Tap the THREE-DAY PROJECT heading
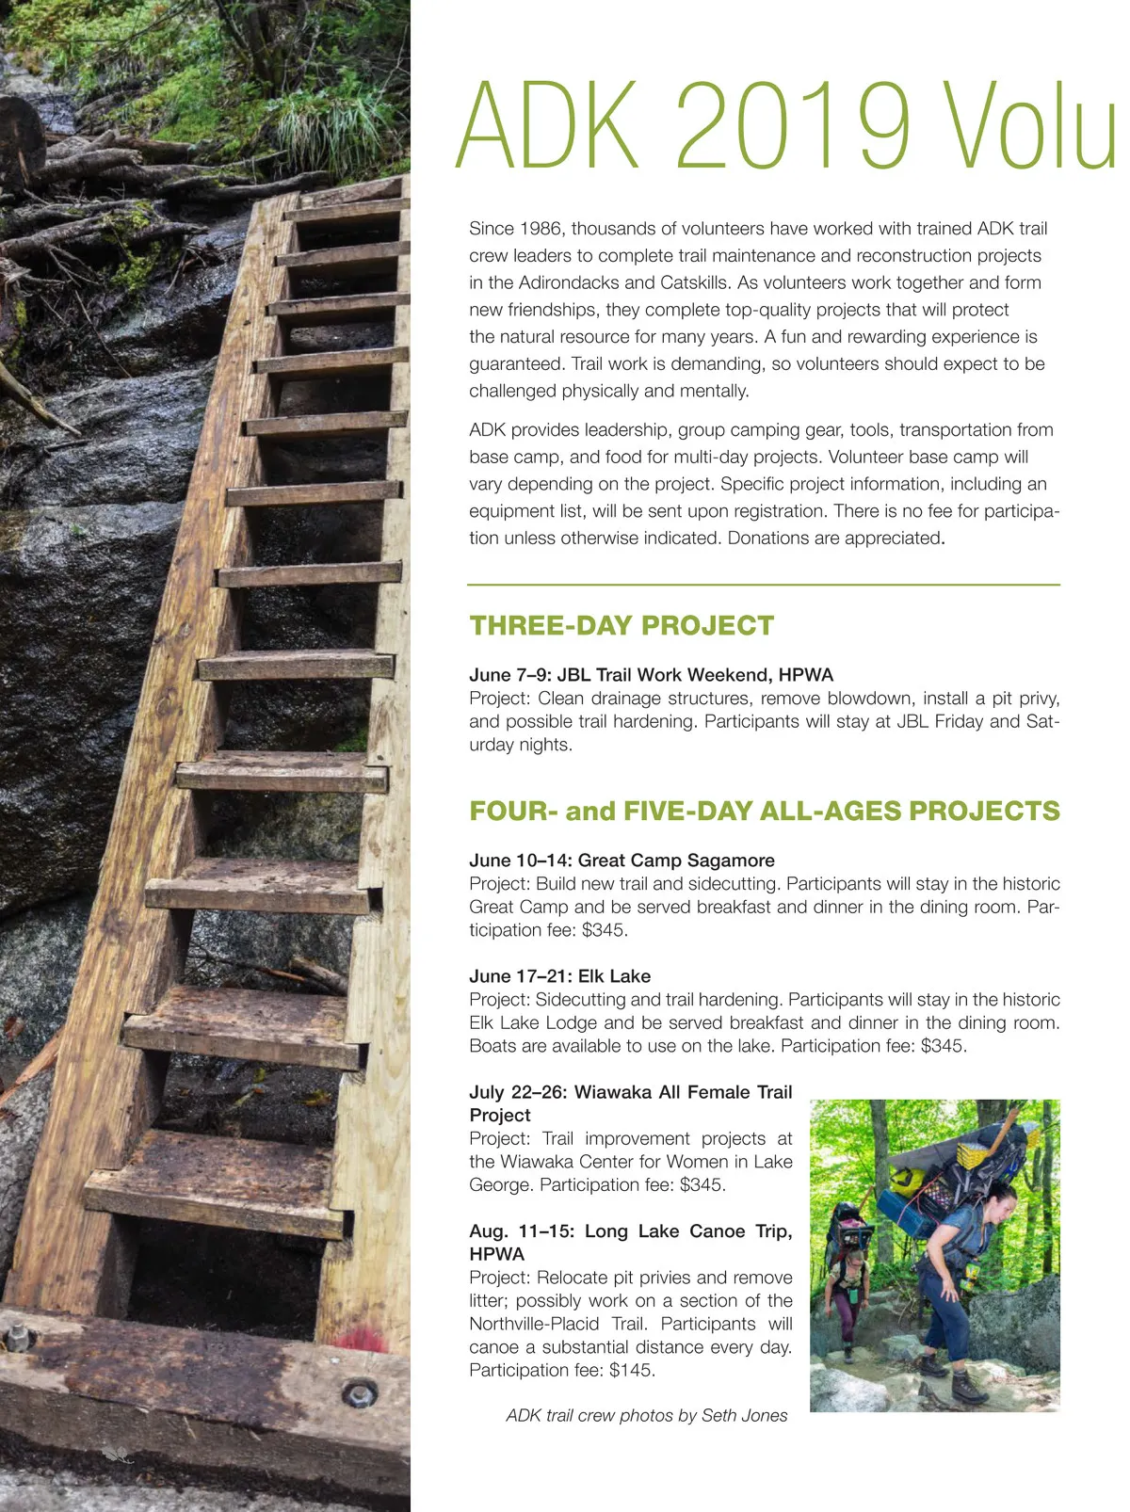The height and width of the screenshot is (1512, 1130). tap(621, 626)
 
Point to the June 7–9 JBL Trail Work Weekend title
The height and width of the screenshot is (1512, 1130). tap(652, 675)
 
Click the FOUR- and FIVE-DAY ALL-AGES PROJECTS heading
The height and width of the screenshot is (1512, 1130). tap(765, 812)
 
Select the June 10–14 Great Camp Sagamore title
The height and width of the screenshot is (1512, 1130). tap(621, 861)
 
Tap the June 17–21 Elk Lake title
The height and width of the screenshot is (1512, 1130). tap(559, 976)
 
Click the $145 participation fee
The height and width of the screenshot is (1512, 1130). tap(631, 1371)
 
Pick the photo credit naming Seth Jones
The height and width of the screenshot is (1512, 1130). tap(647, 1416)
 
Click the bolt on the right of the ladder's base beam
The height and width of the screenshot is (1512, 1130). tap(359, 1392)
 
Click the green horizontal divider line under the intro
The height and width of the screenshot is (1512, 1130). tap(764, 585)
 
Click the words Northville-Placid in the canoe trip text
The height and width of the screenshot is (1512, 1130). tap(534, 1325)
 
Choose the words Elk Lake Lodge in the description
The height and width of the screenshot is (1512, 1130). tap(533, 1023)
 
